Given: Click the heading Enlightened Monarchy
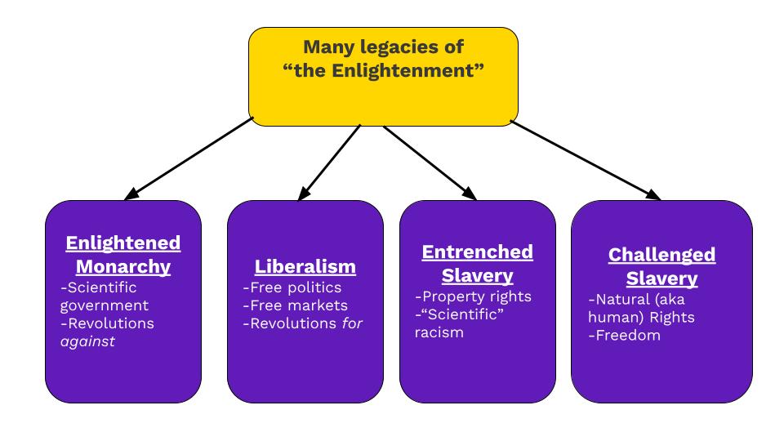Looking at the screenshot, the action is (122, 255).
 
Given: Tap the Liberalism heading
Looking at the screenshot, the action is (305, 266).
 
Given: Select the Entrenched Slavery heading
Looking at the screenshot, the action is (477, 263).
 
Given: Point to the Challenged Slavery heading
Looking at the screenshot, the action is (661, 266).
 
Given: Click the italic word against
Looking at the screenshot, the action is (87, 341).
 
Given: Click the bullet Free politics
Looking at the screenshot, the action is (292, 287).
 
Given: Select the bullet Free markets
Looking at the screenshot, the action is (295, 305).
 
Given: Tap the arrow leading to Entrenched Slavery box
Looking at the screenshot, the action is (429, 162).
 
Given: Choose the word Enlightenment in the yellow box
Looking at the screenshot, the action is (412, 70).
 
